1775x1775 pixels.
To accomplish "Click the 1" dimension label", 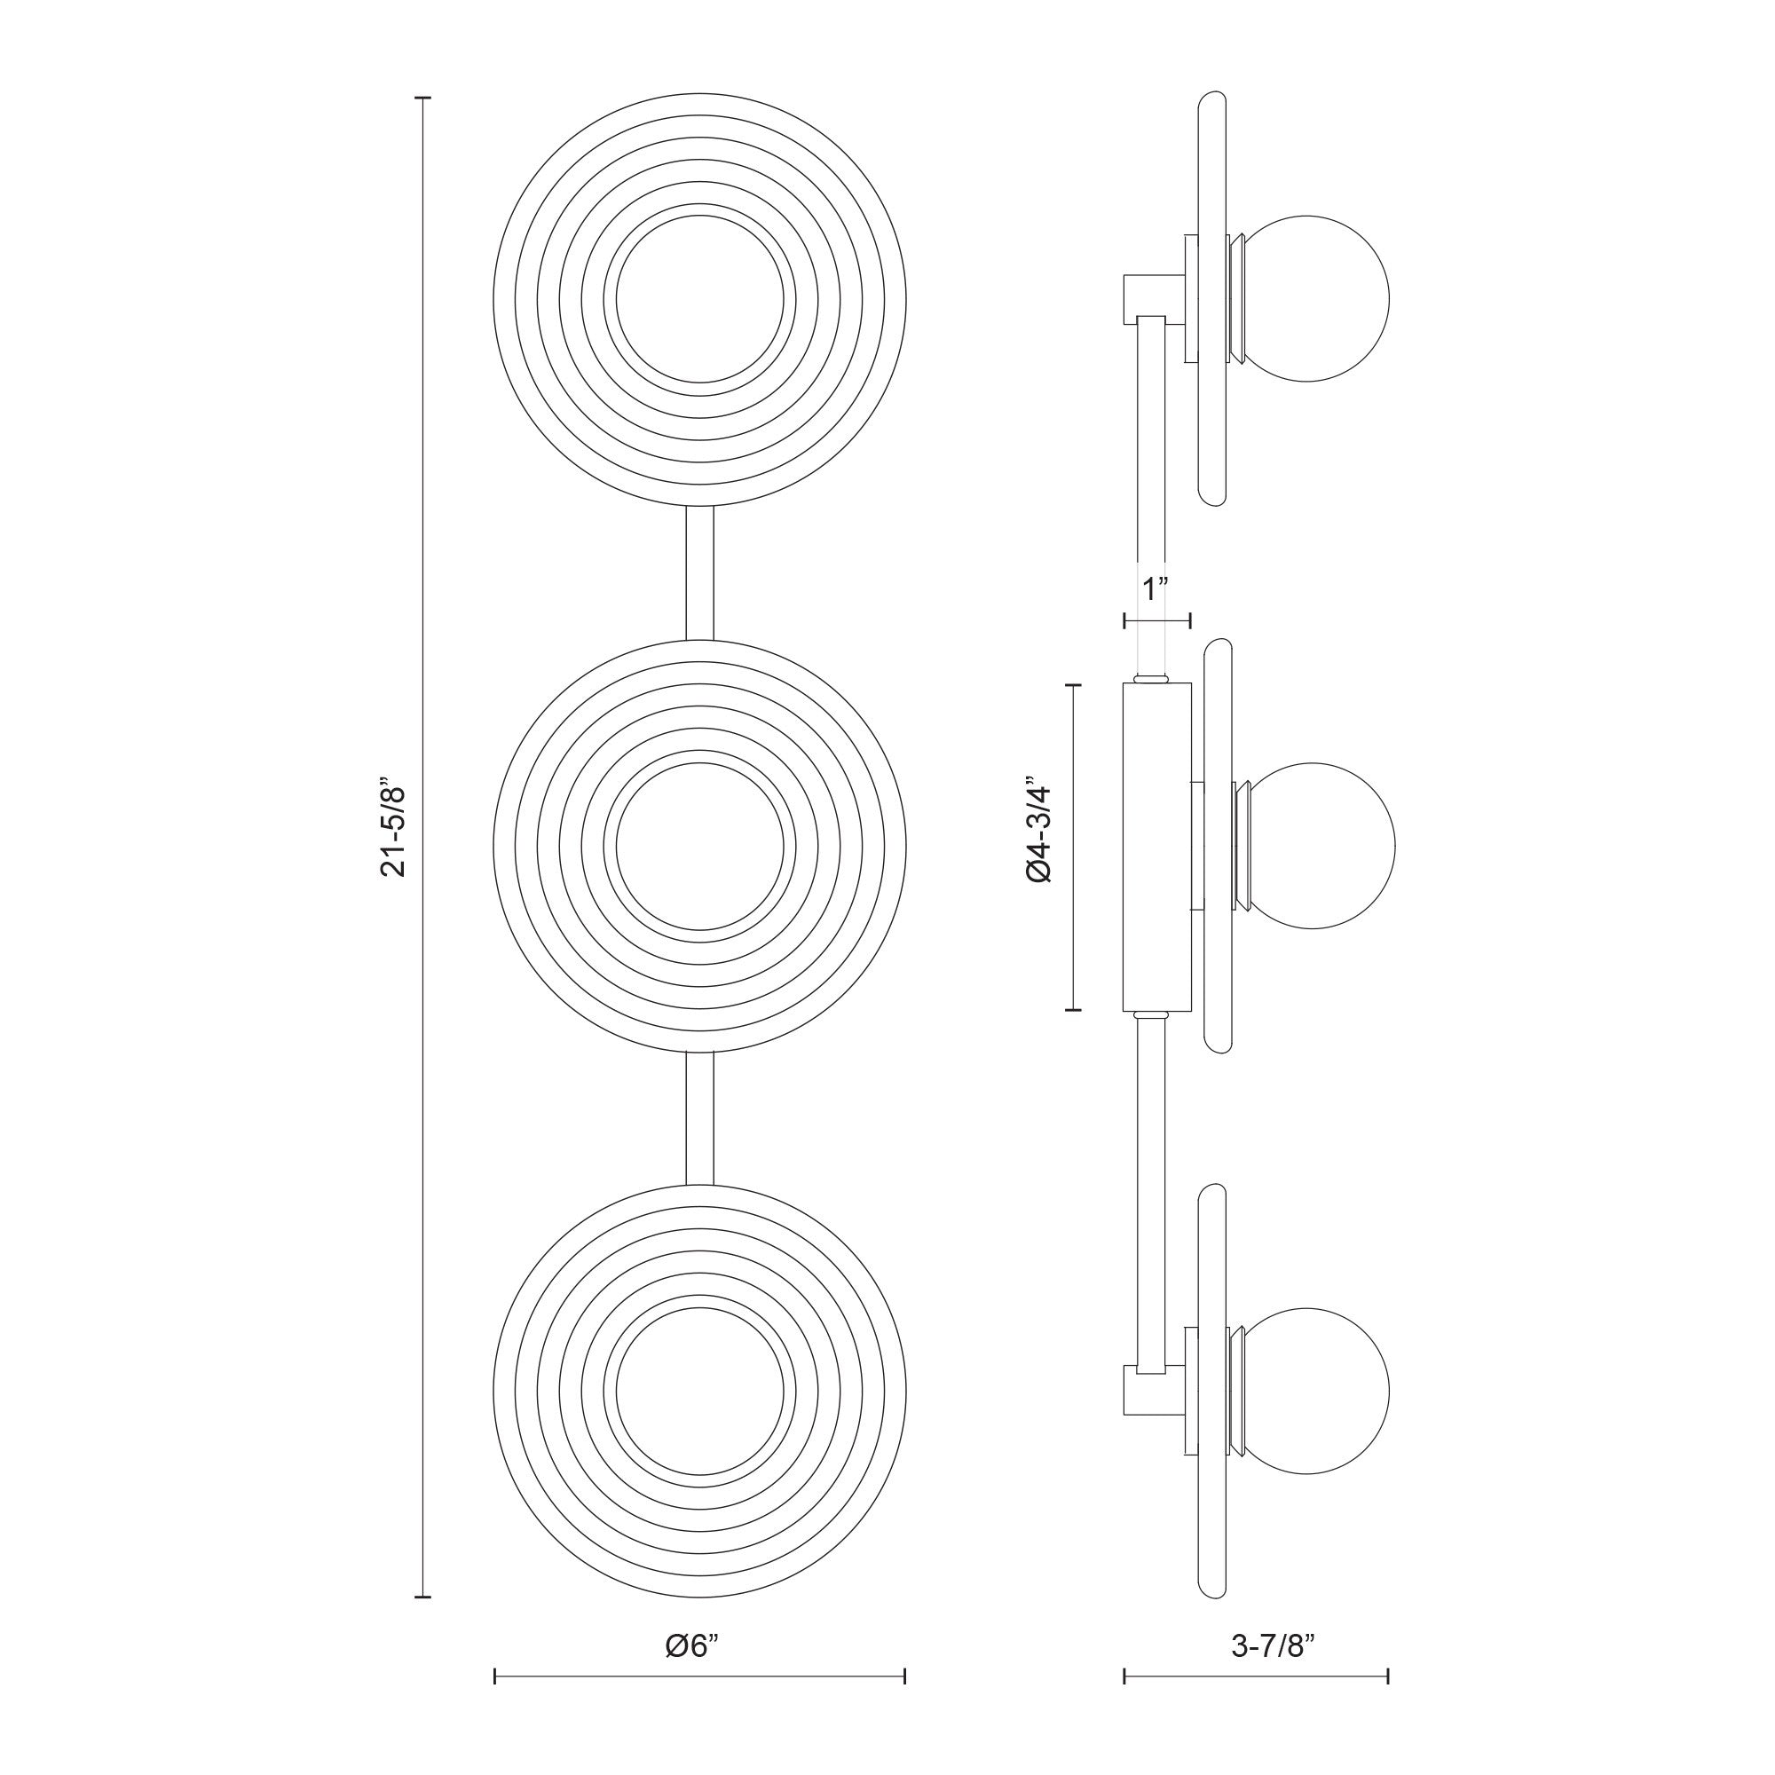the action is pyautogui.click(x=1154, y=588).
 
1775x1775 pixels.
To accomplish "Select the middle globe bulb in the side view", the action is pyautogui.click(x=1321, y=845).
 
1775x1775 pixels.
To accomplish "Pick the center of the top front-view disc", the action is pyautogui.click(x=700, y=298).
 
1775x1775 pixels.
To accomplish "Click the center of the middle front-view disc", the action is pyautogui.click(x=700, y=846).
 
